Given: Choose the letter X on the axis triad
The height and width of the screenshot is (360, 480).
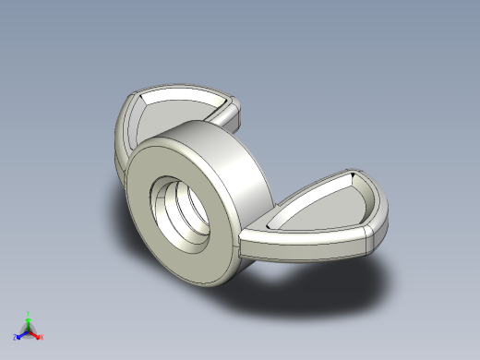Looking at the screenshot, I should click(x=42, y=337).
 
